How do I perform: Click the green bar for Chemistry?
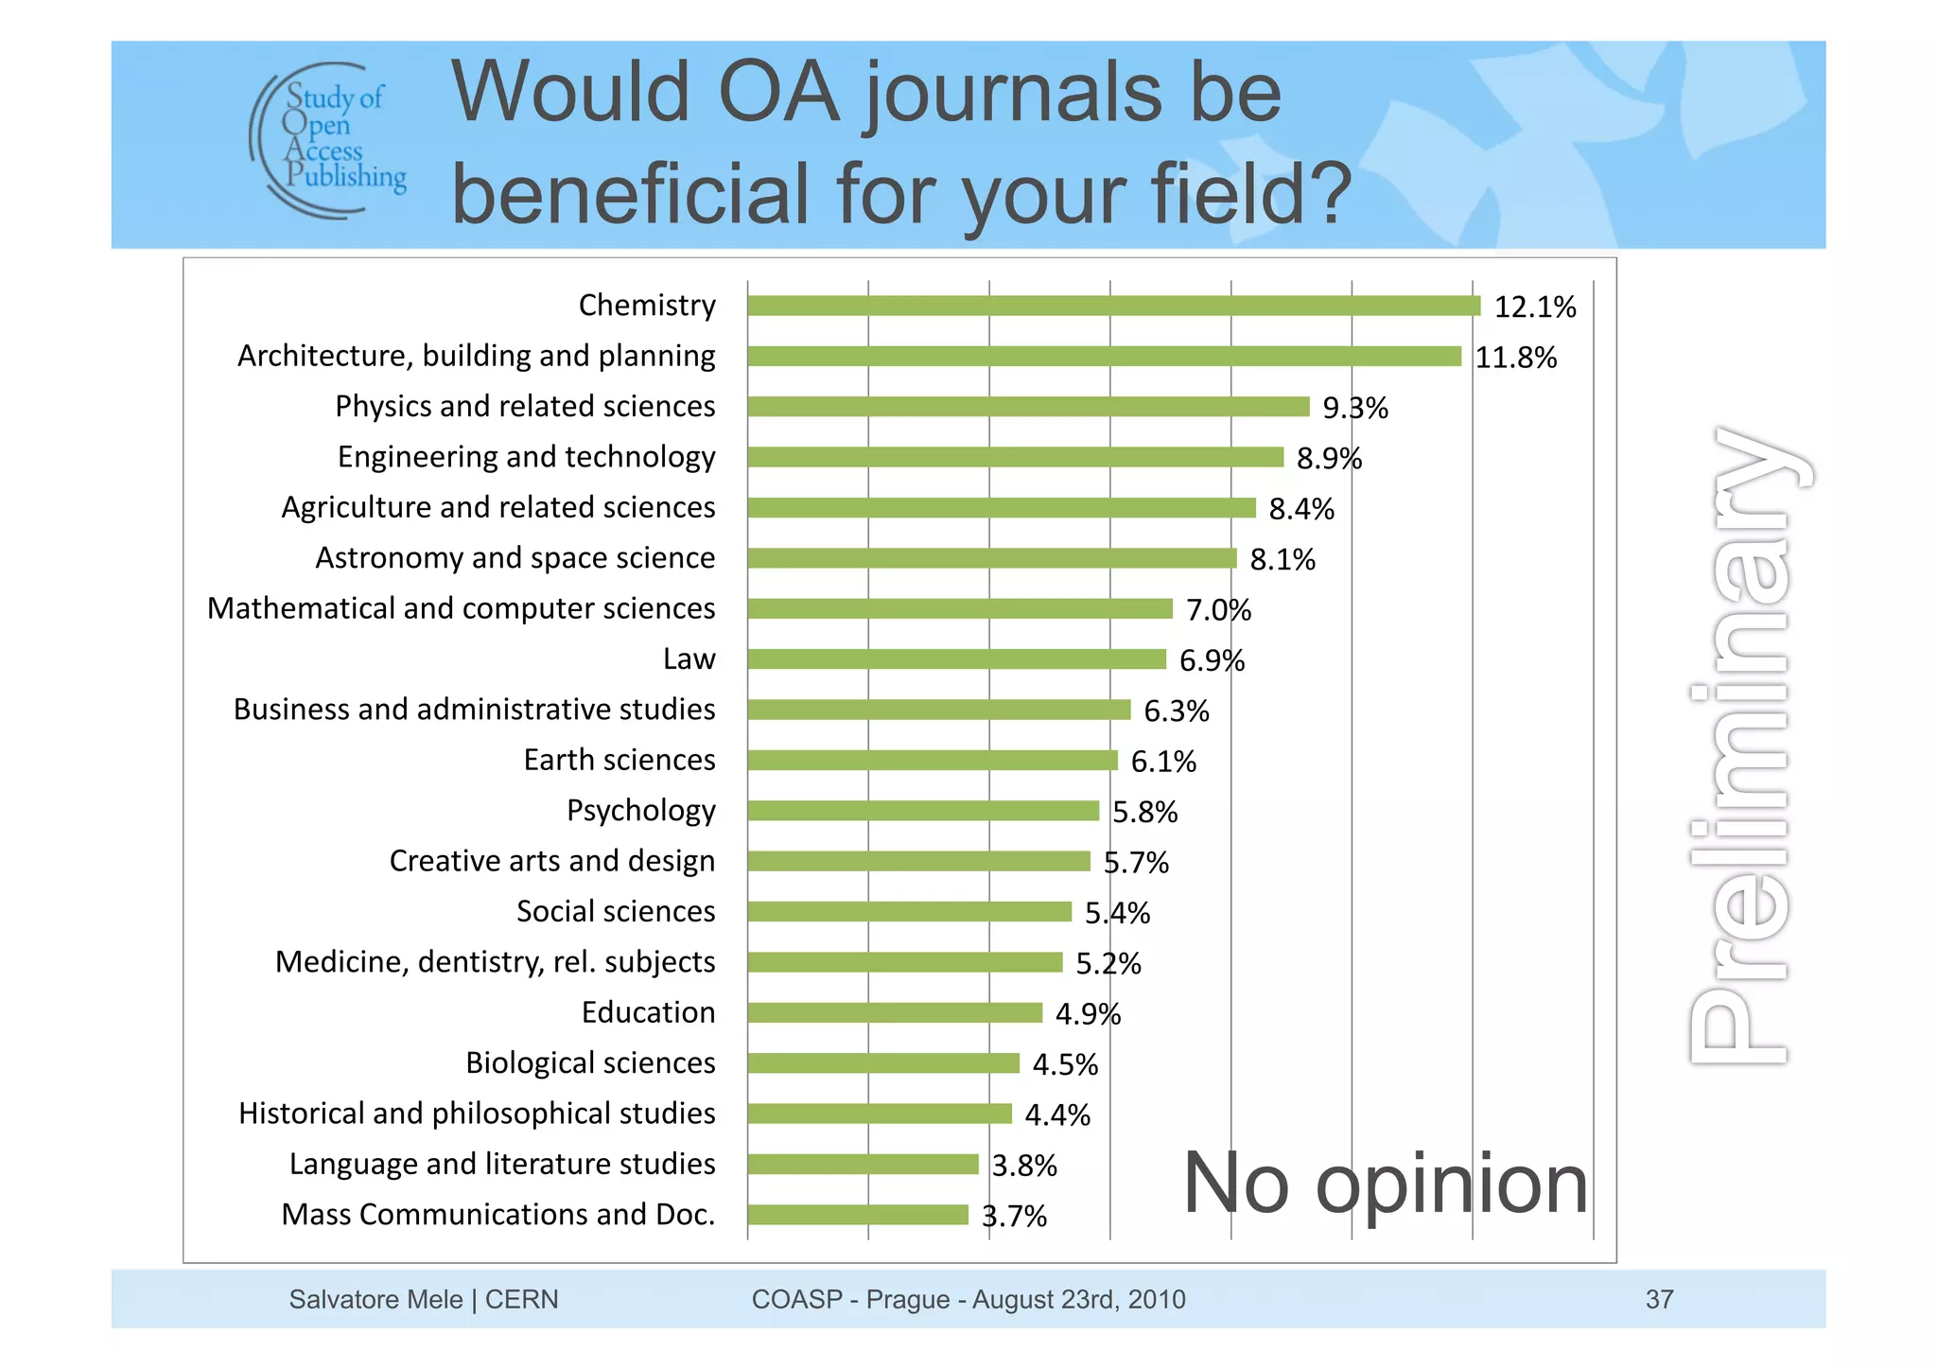coord(1113,306)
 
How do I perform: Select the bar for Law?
coord(956,659)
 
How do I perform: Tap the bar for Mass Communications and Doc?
coord(858,1215)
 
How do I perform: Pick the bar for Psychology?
coord(923,811)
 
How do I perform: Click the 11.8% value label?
coord(1515,358)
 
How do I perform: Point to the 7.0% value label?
coord(1218,610)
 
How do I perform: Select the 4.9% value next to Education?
coord(1088,1014)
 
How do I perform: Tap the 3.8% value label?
coord(1024,1166)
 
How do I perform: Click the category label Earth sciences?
coord(619,760)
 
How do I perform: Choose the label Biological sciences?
coord(590,1062)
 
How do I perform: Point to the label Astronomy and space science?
coord(515,558)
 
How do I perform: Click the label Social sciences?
coord(616,911)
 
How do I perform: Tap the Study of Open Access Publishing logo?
coord(329,140)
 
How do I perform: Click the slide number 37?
coord(1659,1299)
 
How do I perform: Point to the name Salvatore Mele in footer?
coord(375,1299)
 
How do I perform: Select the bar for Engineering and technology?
coord(1015,458)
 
